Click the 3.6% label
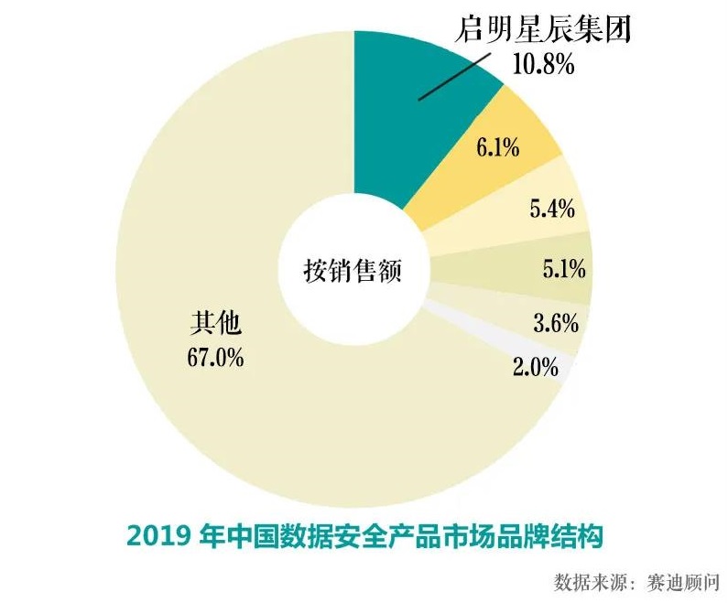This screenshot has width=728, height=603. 554,322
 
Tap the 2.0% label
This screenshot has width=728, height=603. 536,368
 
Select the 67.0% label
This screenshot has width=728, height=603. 215,357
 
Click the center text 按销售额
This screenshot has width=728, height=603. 353,272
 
